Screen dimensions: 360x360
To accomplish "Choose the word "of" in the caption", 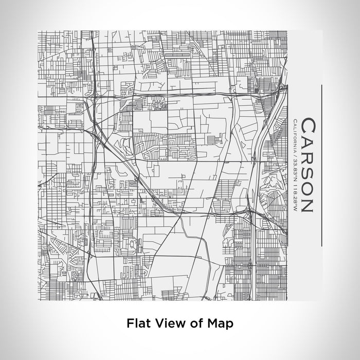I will coord(193,323).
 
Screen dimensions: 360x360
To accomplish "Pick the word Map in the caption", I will coord(219,324).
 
